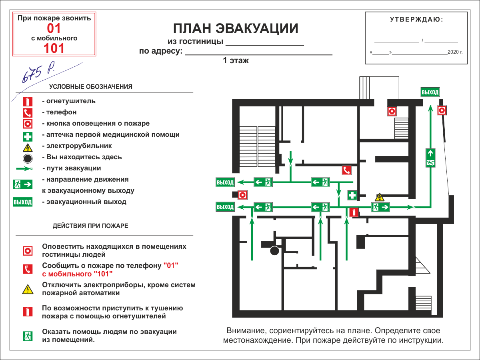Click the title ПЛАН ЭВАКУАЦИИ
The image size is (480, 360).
point(236,29)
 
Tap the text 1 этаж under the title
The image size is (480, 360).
point(236,61)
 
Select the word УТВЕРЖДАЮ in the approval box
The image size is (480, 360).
point(416,19)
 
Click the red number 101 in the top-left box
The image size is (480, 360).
point(54,48)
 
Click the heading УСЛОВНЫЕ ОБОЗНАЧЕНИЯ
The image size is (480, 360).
point(91,86)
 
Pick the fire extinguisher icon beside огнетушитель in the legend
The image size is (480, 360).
point(27,101)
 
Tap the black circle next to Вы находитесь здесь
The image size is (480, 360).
point(27,158)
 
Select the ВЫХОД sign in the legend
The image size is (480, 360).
point(22,202)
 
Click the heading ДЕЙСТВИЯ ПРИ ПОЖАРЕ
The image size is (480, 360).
point(90,226)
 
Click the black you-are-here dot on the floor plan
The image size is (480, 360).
point(274,251)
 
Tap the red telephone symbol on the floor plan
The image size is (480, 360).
point(346,170)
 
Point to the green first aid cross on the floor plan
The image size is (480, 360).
point(352,195)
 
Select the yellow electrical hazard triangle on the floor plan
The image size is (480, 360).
point(379,197)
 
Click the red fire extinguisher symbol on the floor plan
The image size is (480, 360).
point(353,212)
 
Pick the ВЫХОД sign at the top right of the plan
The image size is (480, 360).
point(430,92)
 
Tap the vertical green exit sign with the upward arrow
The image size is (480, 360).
point(430,158)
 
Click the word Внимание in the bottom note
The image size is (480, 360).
point(246,331)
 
